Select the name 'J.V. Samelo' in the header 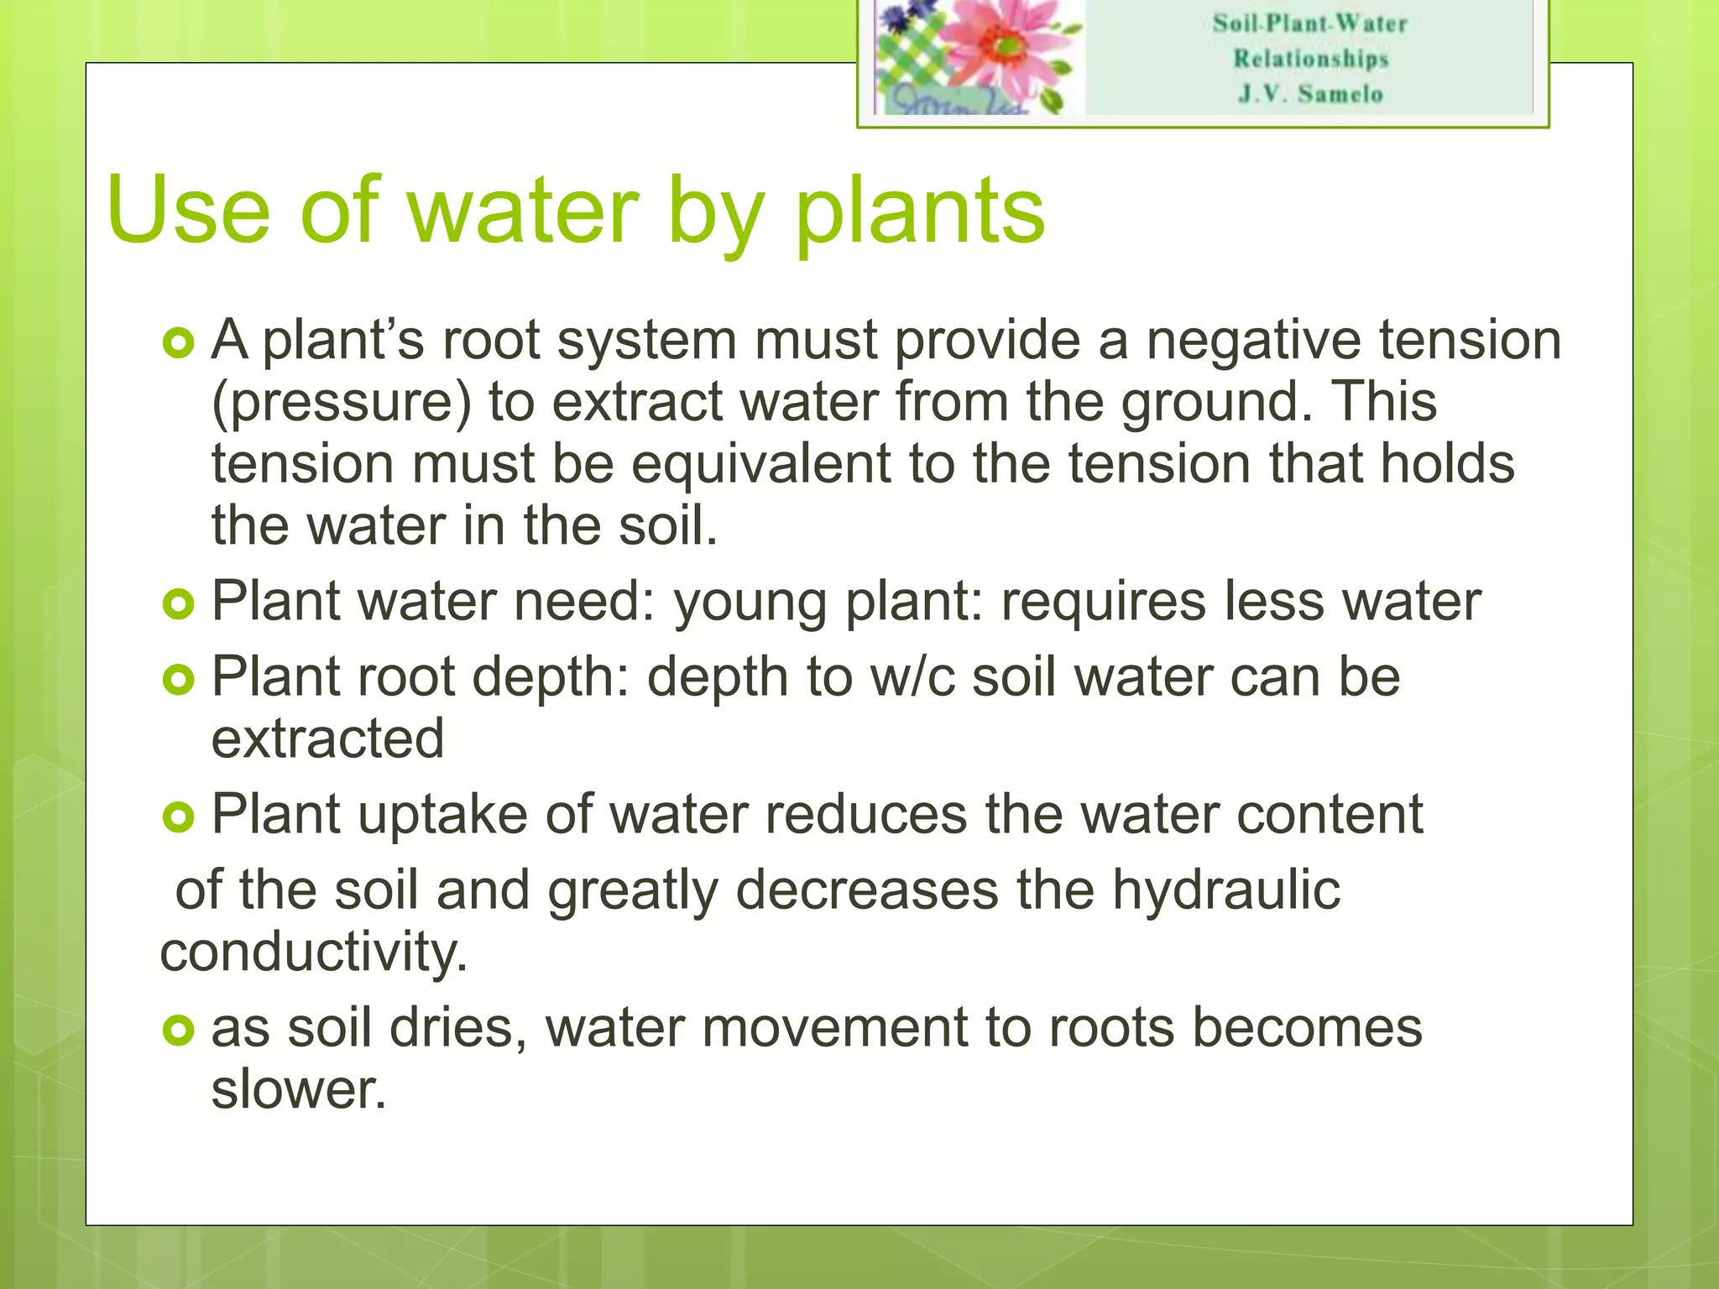point(1310,93)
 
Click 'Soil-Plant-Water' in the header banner point(1310,23)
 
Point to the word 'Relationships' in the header point(1310,58)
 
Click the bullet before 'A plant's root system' point(178,342)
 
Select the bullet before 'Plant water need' point(178,603)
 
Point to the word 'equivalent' point(760,463)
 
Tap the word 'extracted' point(327,738)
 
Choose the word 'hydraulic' point(1225,890)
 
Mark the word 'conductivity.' point(314,952)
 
